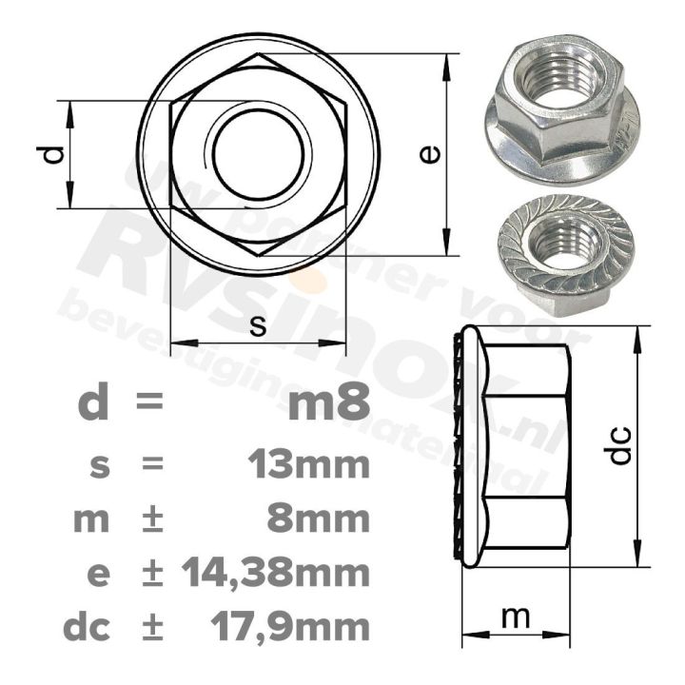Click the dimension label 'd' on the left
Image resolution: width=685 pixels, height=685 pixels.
tap(55, 153)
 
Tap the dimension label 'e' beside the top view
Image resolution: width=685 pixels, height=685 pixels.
tap(431, 153)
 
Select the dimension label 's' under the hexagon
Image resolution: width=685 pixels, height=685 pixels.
tap(257, 324)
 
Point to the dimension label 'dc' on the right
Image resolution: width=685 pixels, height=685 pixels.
tap(619, 444)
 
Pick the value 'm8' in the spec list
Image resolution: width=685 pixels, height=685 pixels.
tap(328, 403)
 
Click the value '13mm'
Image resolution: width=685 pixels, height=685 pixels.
tap(307, 465)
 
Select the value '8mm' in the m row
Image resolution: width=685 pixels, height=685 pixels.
tap(323, 519)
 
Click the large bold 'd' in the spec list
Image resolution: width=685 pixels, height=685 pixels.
tap(92, 403)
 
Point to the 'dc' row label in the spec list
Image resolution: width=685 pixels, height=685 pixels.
tap(87, 627)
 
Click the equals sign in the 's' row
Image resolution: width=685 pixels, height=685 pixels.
tap(149, 466)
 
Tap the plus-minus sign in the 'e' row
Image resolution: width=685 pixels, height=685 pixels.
tap(150, 574)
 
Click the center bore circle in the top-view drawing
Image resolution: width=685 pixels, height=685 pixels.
tap(259, 153)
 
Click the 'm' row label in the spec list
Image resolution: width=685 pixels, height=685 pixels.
tap(92, 520)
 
